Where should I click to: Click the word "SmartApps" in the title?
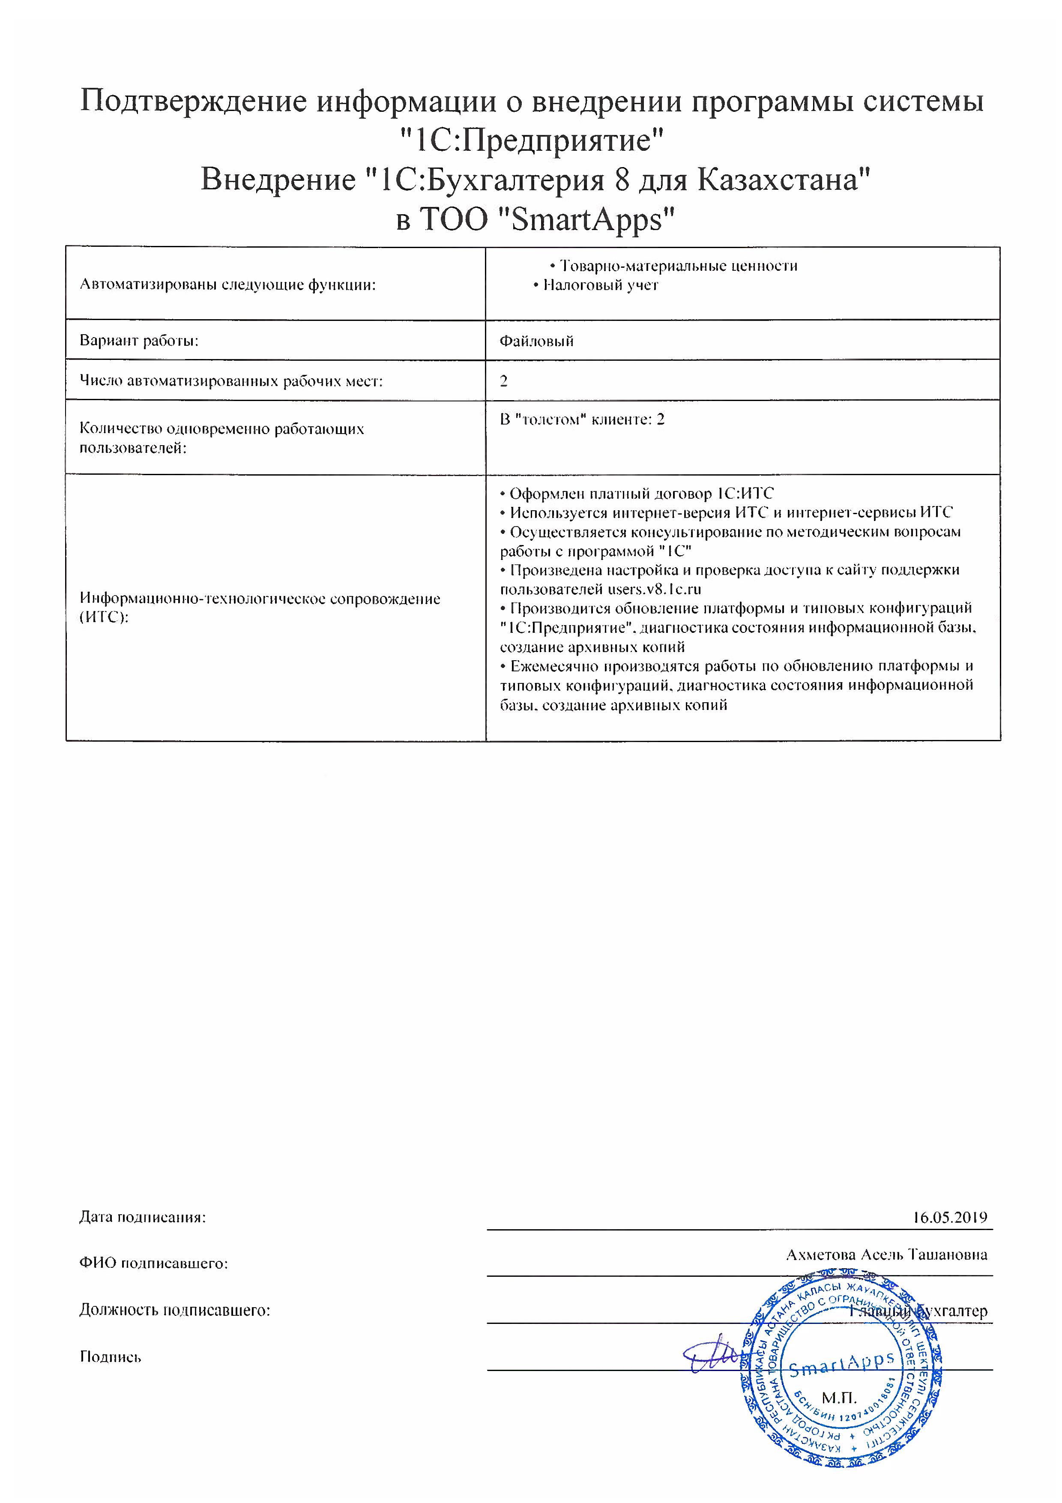point(584,219)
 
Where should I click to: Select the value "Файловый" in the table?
point(536,341)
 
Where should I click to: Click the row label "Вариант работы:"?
point(139,340)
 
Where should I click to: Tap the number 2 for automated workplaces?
point(504,381)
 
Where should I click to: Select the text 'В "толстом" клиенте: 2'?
point(582,419)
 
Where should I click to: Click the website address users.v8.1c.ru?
point(654,589)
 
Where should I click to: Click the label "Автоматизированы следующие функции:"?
point(228,285)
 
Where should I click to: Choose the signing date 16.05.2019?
point(949,1218)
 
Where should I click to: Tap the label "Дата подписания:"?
point(143,1218)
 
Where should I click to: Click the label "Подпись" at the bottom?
point(110,1356)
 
